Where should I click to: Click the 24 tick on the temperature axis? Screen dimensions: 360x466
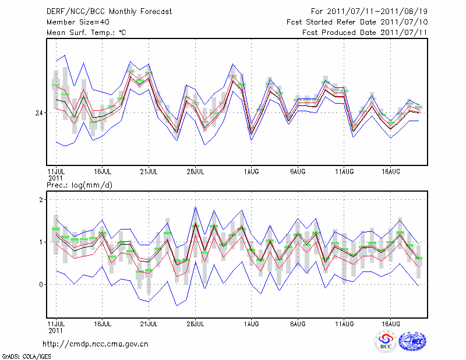(x=39, y=112)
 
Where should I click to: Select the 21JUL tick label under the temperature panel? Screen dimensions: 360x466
(x=149, y=172)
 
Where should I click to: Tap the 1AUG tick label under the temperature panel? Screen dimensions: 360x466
(x=252, y=172)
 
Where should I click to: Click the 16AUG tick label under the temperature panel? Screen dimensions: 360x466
(x=391, y=172)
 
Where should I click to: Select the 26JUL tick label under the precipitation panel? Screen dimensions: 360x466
(x=195, y=322)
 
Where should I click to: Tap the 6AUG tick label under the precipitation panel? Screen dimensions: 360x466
(x=298, y=322)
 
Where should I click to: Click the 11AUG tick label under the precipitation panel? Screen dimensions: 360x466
(x=344, y=322)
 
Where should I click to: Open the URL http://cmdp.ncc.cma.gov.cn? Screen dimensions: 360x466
(x=96, y=344)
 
